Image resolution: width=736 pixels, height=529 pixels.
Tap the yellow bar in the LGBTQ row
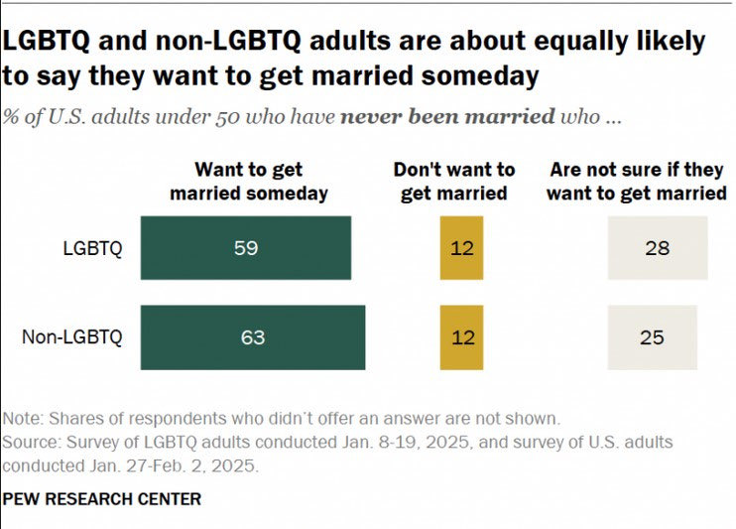click(461, 248)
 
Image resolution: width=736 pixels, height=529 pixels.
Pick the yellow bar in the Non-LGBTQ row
click(461, 337)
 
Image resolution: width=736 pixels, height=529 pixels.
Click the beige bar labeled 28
click(657, 248)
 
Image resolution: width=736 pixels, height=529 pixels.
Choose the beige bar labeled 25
click(652, 337)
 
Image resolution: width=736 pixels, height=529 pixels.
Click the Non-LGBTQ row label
click(72, 337)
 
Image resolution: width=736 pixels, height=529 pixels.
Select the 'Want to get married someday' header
click(248, 182)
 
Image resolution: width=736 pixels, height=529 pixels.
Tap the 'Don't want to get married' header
click(454, 182)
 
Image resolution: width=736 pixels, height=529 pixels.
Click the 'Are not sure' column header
click(636, 182)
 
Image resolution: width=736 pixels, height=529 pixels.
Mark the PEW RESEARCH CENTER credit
click(101, 498)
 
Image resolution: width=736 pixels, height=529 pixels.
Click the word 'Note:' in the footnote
click(23, 418)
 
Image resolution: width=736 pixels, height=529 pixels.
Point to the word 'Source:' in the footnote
click(30, 442)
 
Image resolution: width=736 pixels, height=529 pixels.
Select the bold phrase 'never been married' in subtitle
click(447, 116)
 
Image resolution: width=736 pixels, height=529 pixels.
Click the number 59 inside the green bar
click(245, 248)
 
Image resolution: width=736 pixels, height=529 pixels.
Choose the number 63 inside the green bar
click(253, 337)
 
